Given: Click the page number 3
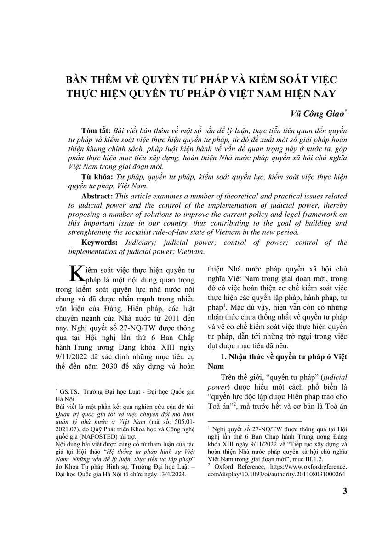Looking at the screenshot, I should [x=345, y=492].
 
